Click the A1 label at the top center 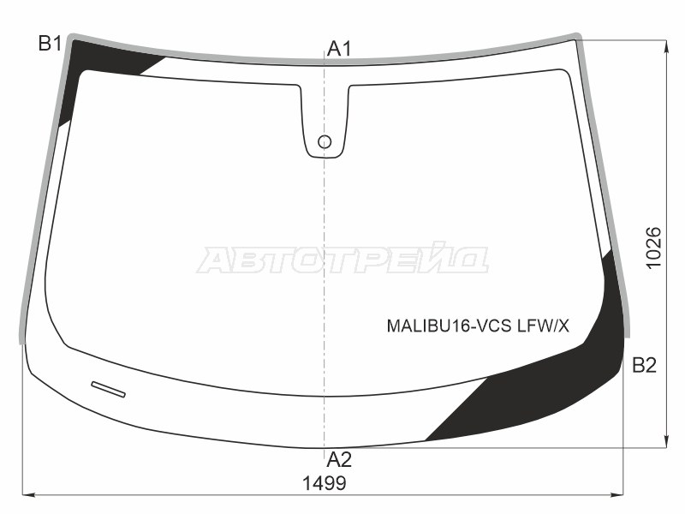tap(340, 49)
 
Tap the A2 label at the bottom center tap(340, 459)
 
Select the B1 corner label tap(50, 44)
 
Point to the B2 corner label tap(644, 367)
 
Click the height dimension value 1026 tap(653, 248)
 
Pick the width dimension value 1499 tap(324, 483)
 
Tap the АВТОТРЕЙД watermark tap(342, 260)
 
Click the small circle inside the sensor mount tap(325, 141)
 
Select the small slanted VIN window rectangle tap(108, 388)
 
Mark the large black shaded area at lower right tap(548, 385)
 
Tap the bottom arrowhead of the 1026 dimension tap(666, 442)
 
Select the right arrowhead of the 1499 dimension tap(618, 494)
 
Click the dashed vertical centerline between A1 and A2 tap(325, 257)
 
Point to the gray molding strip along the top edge tap(325, 61)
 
